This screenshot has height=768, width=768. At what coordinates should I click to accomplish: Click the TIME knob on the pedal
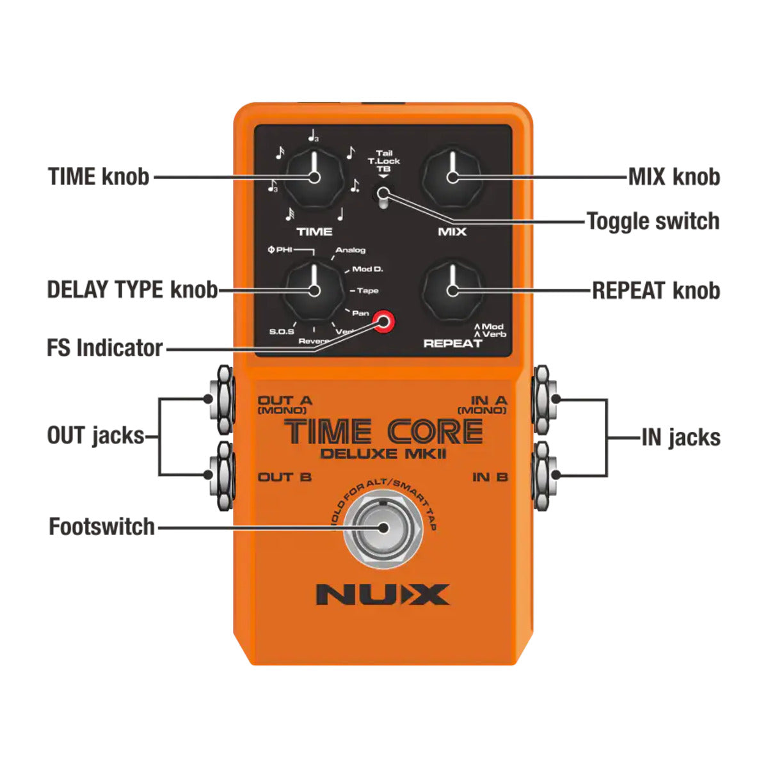pyautogui.click(x=314, y=178)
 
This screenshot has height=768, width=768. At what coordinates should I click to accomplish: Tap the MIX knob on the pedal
pyautogui.click(x=452, y=178)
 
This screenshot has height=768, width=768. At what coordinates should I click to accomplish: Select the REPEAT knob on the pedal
pyautogui.click(x=452, y=291)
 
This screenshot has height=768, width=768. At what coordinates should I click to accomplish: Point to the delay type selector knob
pyautogui.click(x=314, y=291)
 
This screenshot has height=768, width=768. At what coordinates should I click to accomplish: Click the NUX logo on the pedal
pyautogui.click(x=383, y=595)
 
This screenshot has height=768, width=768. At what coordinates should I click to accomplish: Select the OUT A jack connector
pyautogui.click(x=223, y=399)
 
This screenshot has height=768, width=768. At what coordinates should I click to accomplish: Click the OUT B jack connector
pyautogui.click(x=223, y=475)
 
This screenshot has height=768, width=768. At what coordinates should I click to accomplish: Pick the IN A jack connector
pyautogui.click(x=542, y=399)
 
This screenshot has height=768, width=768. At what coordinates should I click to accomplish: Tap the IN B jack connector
pyautogui.click(x=542, y=475)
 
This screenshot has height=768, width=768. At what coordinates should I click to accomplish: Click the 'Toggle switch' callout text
pyautogui.click(x=653, y=221)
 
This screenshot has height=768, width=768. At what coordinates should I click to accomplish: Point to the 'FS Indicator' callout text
pyautogui.click(x=105, y=348)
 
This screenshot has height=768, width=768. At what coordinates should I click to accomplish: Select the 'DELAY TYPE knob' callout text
pyautogui.click(x=132, y=290)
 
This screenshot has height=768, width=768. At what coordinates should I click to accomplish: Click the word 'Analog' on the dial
pyautogui.click(x=351, y=250)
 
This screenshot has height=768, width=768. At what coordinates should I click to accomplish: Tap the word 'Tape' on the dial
pyautogui.click(x=367, y=291)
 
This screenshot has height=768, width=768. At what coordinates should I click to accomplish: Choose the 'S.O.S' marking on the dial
pyautogui.click(x=282, y=332)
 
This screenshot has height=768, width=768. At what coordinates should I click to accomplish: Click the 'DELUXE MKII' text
pyautogui.click(x=383, y=454)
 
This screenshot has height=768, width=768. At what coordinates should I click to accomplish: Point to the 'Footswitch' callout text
pyautogui.click(x=102, y=527)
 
